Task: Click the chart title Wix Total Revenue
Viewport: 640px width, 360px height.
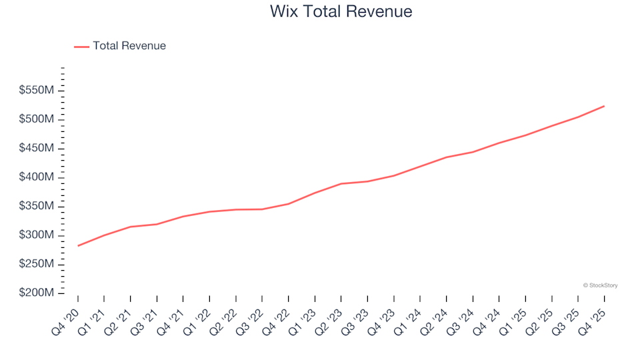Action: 341,12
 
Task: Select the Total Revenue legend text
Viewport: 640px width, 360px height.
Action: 129,46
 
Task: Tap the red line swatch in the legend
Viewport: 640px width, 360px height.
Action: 81,47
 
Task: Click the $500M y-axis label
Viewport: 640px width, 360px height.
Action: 37,119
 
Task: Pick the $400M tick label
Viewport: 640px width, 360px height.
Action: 37,177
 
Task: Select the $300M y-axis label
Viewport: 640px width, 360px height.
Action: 37,235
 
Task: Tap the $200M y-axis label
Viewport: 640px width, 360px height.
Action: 37,293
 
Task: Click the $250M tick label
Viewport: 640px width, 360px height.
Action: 37,265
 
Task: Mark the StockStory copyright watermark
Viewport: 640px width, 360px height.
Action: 600,285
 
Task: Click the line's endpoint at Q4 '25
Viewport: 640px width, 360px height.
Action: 604,106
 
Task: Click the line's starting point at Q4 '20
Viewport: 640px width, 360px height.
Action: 78,246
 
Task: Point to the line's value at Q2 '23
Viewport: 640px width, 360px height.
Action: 341,183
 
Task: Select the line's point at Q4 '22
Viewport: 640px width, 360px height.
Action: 289,203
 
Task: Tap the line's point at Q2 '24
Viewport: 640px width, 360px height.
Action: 447,157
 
